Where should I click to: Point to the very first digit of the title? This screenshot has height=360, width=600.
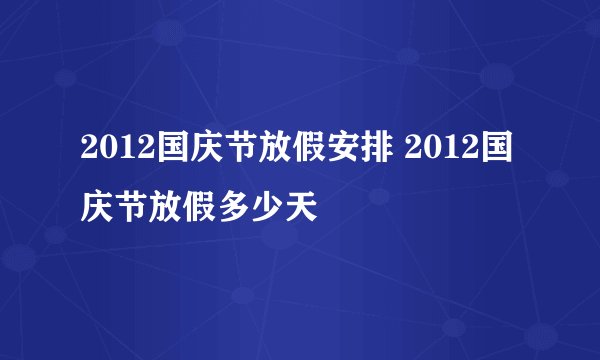[89, 156]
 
